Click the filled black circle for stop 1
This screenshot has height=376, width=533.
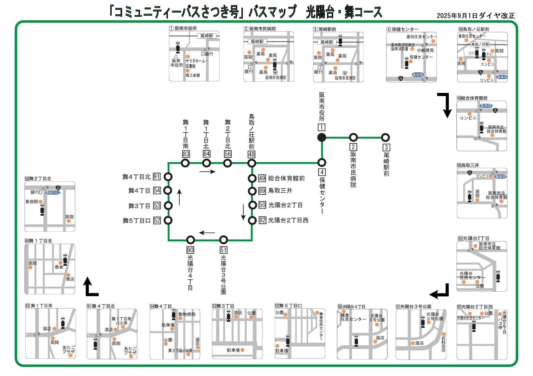tap(322, 137)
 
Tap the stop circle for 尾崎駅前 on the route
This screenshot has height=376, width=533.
tap(385, 138)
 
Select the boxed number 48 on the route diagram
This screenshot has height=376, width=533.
tap(251, 154)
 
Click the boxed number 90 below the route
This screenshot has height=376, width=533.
tap(190, 250)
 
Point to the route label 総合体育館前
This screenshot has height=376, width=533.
tap(286, 178)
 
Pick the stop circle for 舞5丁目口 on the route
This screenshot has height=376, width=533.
tap(168, 220)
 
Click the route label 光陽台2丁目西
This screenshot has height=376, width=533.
tap(288, 220)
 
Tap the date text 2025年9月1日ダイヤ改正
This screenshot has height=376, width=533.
tap(476, 16)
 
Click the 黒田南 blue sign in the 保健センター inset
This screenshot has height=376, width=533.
tap(418, 75)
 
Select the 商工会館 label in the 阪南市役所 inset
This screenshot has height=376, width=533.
tap(193, 75)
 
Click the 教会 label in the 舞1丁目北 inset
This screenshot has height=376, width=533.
tap(59, 267)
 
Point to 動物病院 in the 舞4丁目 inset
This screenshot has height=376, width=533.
tap(187, 314)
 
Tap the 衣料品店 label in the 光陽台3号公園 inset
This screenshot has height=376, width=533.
tap(443, 344)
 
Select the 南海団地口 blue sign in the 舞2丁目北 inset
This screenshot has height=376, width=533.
tap(53, 192)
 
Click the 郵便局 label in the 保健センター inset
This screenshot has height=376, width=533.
tap(427, 50)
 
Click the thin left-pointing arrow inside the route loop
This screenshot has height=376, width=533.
tap(207, 233)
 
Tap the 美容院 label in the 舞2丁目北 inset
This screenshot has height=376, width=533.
tap(32, 202)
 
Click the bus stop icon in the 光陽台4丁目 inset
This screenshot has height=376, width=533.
tap(356, 341)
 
